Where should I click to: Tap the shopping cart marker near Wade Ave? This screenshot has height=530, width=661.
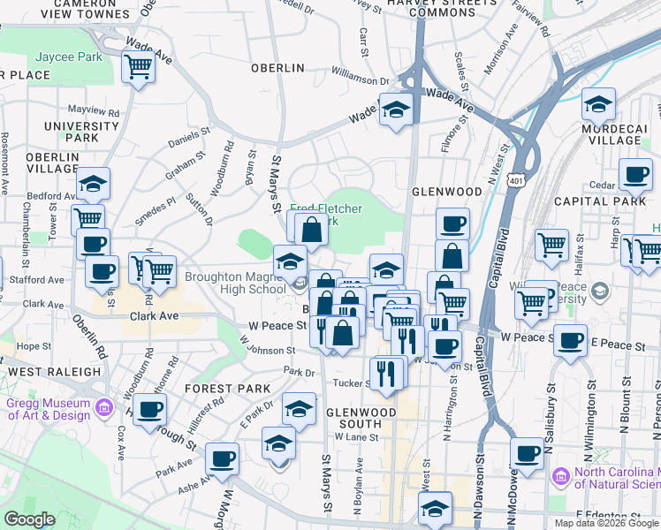pyautogui.click(x=139, y=67)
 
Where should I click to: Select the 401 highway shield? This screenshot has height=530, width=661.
pyautogui.click(x=516, y=180)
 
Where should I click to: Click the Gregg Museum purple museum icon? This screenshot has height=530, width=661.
pyautogui.click(x=104, y=407)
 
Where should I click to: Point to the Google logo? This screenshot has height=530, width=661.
pyautogui.click(x=29, y=519)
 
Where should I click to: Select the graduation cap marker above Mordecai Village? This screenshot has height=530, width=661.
pyautogui.click(x=598, y=105)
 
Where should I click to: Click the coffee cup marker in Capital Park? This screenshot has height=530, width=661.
pyautogui.click(x=634, y=176)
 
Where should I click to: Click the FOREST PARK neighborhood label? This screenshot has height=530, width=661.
pyautogui.click(x=227, y=389)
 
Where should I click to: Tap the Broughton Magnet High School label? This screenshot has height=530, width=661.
pyautogui.click(x=235, y=283)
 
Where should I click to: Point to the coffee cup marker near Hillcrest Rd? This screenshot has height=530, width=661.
pyautogui.click(x=149, y=409)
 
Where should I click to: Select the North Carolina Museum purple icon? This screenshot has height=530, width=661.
pyautogui.click(x=559, y=477)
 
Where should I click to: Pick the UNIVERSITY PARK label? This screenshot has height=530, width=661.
pyautogui.click(x=69, y=132)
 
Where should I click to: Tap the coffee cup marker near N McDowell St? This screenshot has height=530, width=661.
pyautogui.click(x=528, y=455)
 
